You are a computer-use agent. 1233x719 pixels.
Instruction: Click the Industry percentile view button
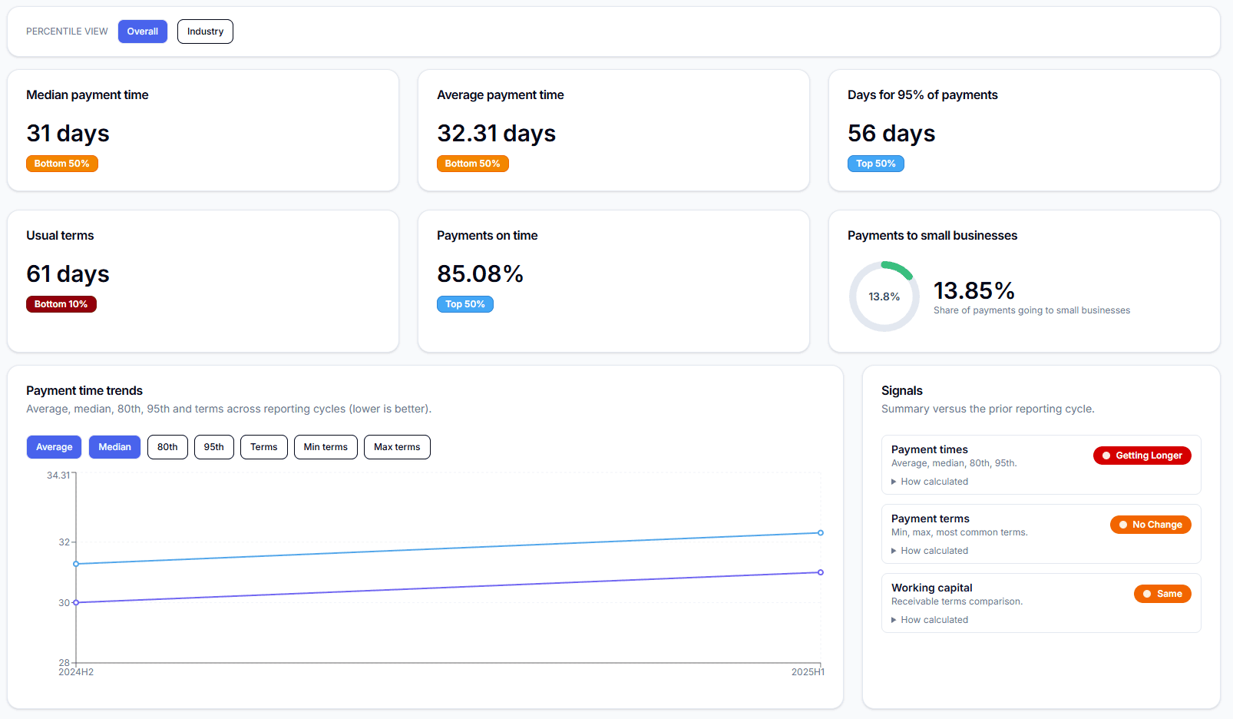205,31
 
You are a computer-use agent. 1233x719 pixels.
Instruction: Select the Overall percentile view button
142,31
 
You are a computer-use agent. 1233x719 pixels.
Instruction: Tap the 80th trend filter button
167,447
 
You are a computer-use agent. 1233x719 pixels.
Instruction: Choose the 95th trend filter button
213,447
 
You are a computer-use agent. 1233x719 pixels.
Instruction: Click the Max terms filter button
397,447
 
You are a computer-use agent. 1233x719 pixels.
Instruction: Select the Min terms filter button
326,447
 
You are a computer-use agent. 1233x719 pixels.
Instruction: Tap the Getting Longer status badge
1142,456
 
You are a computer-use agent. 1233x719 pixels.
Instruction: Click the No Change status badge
1150,525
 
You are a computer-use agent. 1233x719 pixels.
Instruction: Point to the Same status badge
1162,594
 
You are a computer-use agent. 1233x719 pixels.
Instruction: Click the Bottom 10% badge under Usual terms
61,304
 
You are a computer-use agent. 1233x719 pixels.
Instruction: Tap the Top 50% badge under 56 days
875,164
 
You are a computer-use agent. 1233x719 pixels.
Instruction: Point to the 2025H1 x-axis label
808,672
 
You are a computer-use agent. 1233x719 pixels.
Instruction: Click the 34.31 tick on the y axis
58,475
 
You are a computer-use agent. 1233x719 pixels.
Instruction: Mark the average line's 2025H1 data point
821,532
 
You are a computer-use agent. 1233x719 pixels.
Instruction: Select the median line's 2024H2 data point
76,602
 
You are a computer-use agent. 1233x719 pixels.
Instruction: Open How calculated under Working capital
934,620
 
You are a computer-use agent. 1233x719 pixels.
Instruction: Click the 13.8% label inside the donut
884,297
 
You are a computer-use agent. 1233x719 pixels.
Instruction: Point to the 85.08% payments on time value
480,274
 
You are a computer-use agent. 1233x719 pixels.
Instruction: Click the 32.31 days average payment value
496,134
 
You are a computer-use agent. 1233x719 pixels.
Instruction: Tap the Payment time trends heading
84,391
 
